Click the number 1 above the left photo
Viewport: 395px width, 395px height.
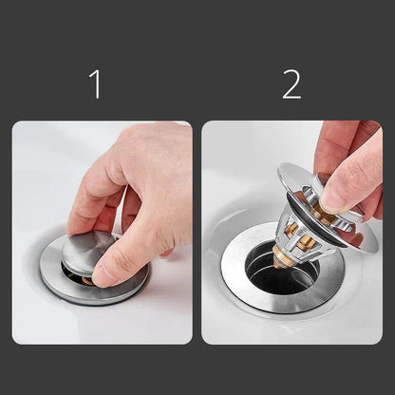(x=94, y=84)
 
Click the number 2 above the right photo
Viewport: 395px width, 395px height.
(x=292, y=84)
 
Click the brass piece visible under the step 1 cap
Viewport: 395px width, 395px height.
(x=86, y=281)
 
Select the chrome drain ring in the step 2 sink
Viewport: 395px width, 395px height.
(x=237, y=285)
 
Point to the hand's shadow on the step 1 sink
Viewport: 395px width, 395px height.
(x=142, y=285)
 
